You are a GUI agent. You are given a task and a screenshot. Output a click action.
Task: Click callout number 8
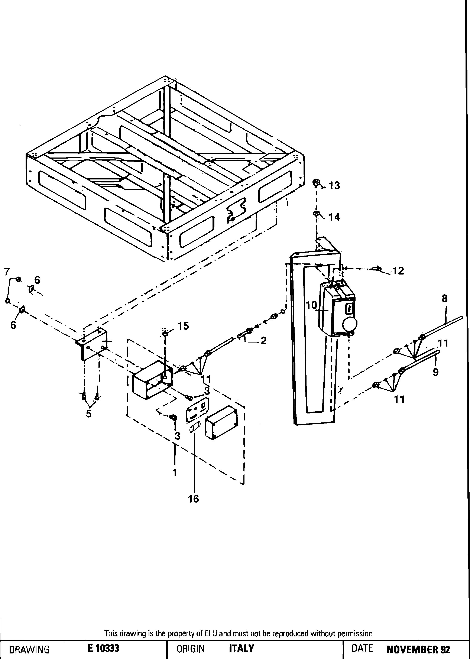tap(445, 298)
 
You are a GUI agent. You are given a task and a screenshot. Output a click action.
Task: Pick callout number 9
tap(436, 372)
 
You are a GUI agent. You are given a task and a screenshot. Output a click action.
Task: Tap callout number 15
tap(183, 326)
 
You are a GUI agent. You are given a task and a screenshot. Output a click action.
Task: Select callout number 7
tap(7, 272)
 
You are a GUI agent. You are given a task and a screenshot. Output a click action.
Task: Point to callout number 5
tap(88, 414)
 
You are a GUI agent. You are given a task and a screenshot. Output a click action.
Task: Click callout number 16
tap(193, 499)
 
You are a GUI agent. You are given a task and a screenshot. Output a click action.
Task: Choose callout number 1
tap(175, 473)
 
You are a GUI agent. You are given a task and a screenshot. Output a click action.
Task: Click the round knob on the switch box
tap(350, 325)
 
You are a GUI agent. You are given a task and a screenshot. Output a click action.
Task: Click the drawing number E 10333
tap(104, 649)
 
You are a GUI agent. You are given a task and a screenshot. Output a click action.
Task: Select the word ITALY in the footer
tap(241, 648)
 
